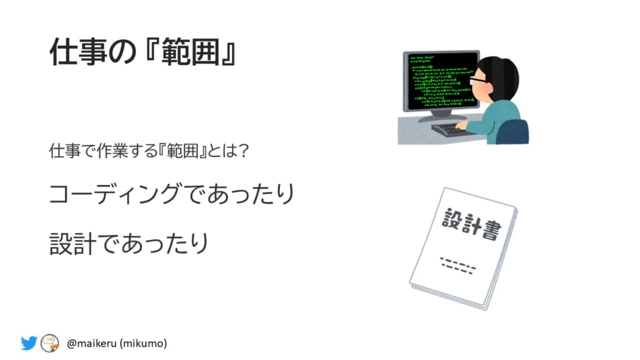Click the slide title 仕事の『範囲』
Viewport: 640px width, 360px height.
point(143,52)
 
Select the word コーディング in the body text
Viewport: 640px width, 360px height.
point(116,193)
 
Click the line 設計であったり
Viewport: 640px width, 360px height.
point(129,243)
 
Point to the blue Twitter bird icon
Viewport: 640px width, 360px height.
point(29,343)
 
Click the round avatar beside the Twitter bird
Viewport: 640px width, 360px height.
point(50,343)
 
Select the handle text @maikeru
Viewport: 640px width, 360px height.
point(92,343)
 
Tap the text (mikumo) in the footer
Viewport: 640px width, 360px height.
point(143,343)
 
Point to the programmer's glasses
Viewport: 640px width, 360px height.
point(478,80)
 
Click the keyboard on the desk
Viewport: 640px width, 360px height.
point(451,130)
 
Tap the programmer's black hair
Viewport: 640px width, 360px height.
point(499,77)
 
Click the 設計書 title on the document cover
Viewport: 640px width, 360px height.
point(471,224)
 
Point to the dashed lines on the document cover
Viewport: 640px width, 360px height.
point(458,265)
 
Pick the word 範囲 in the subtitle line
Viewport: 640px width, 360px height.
point(182,151)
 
